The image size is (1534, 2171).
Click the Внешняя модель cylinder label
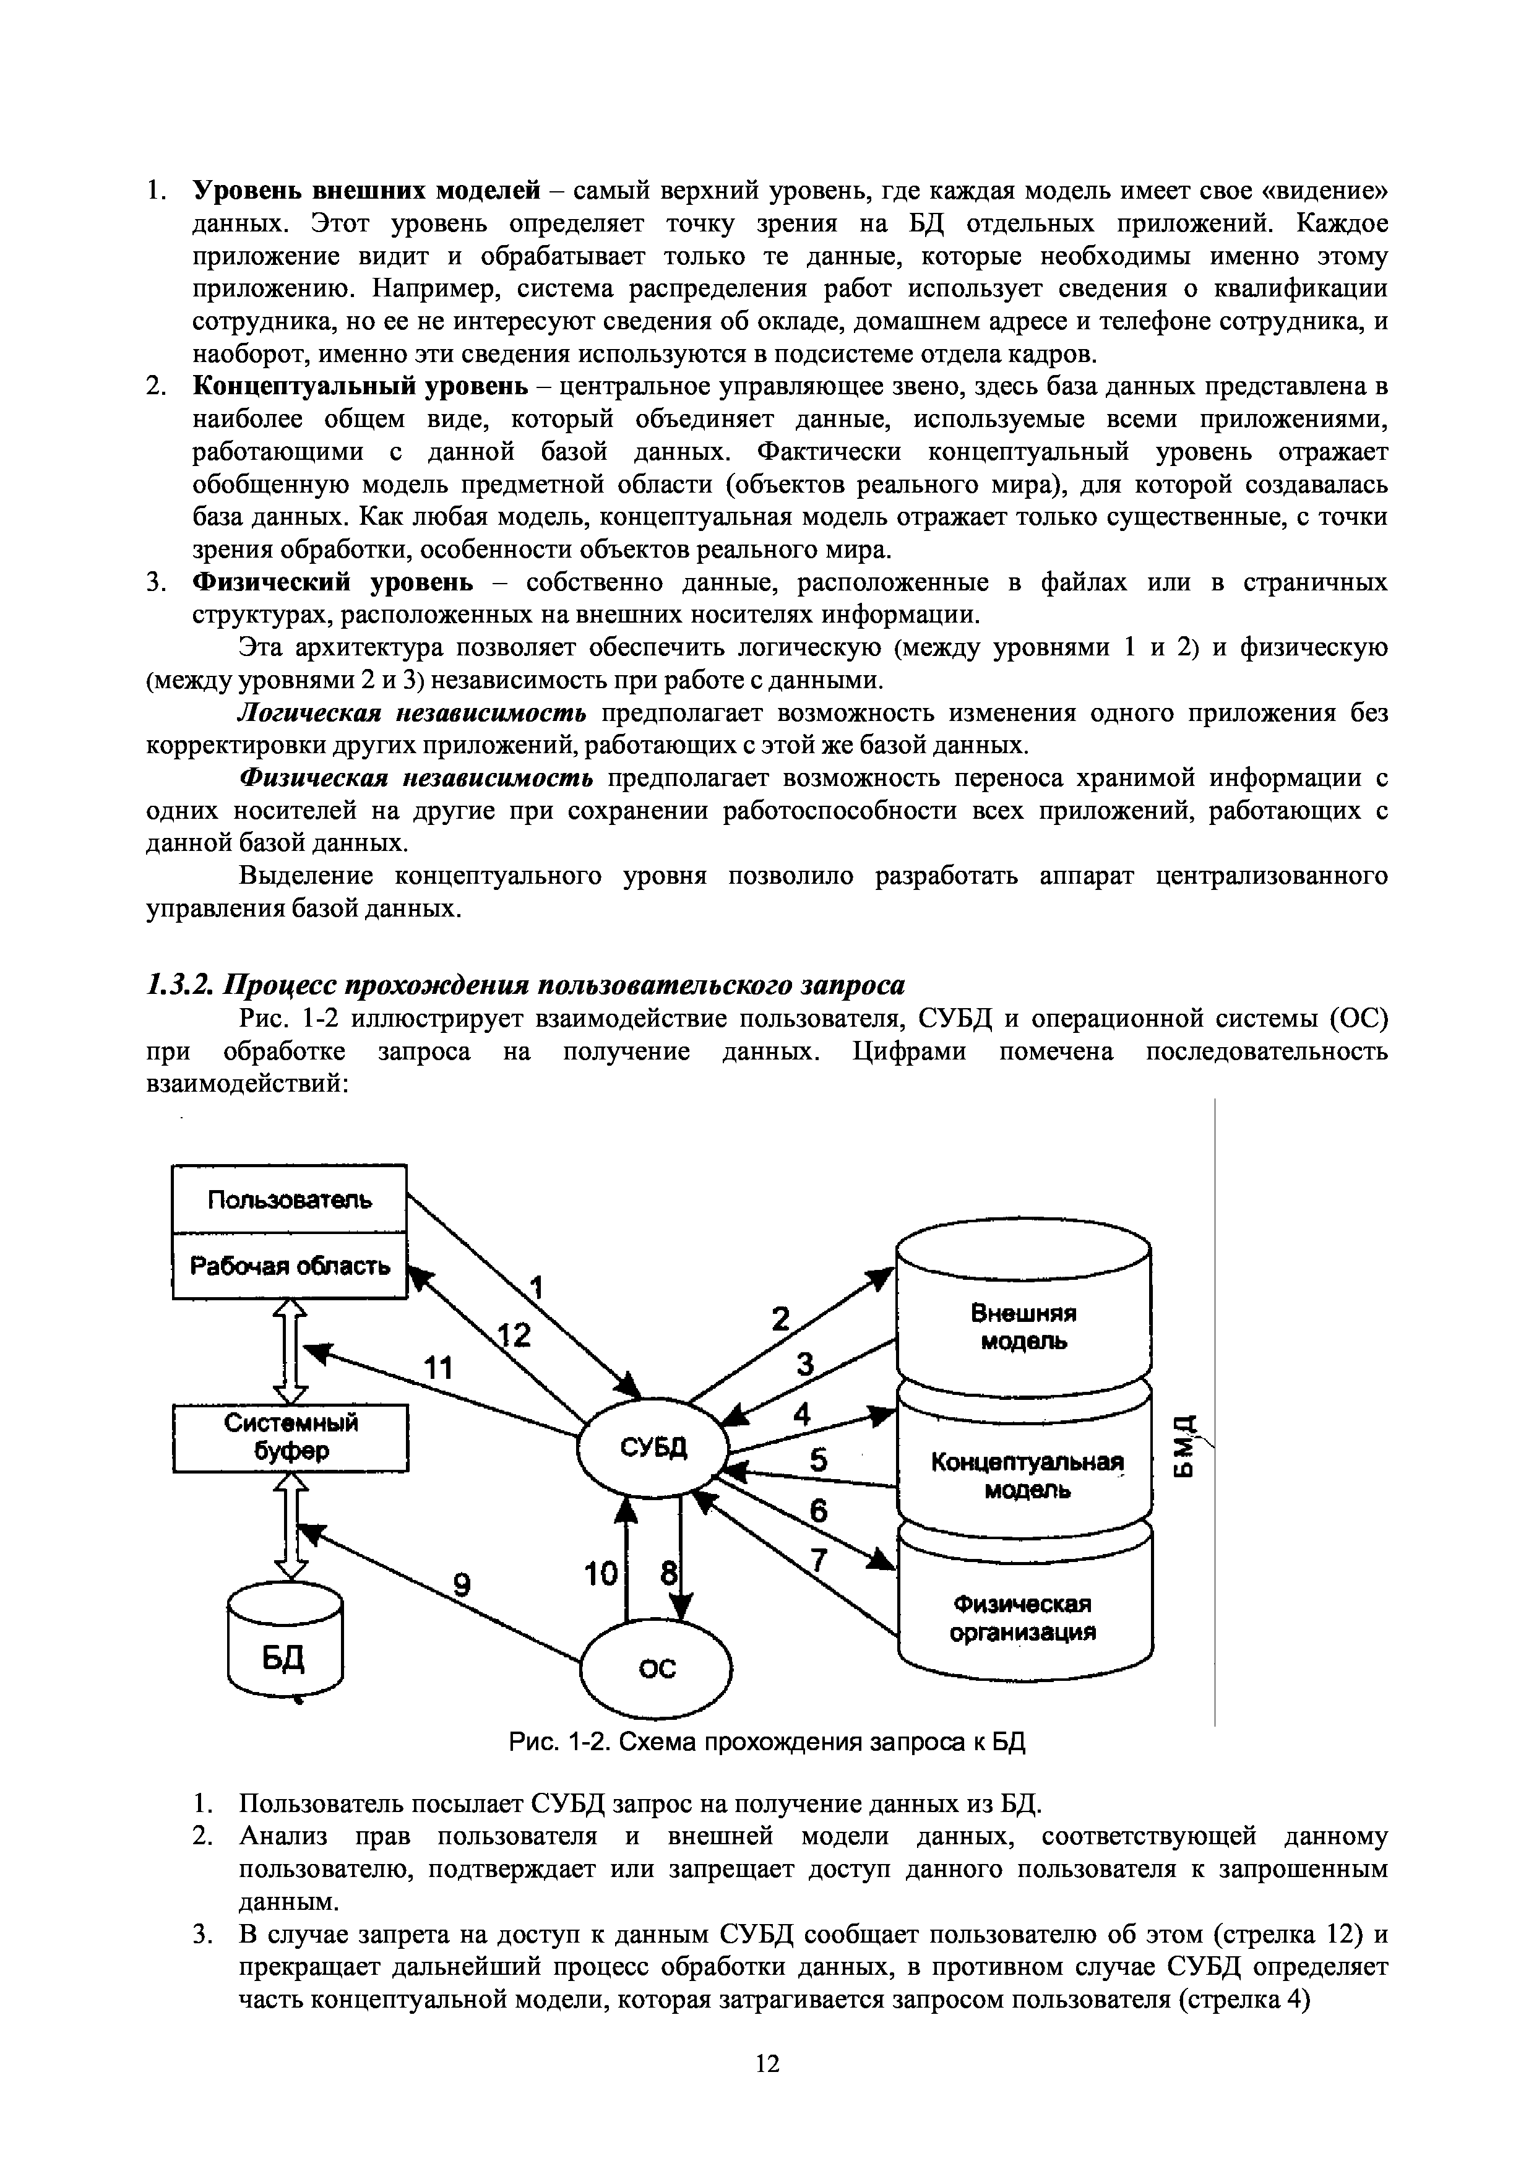[x=1023, y=1327]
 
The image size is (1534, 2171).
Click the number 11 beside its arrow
[x=437, y=1367]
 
